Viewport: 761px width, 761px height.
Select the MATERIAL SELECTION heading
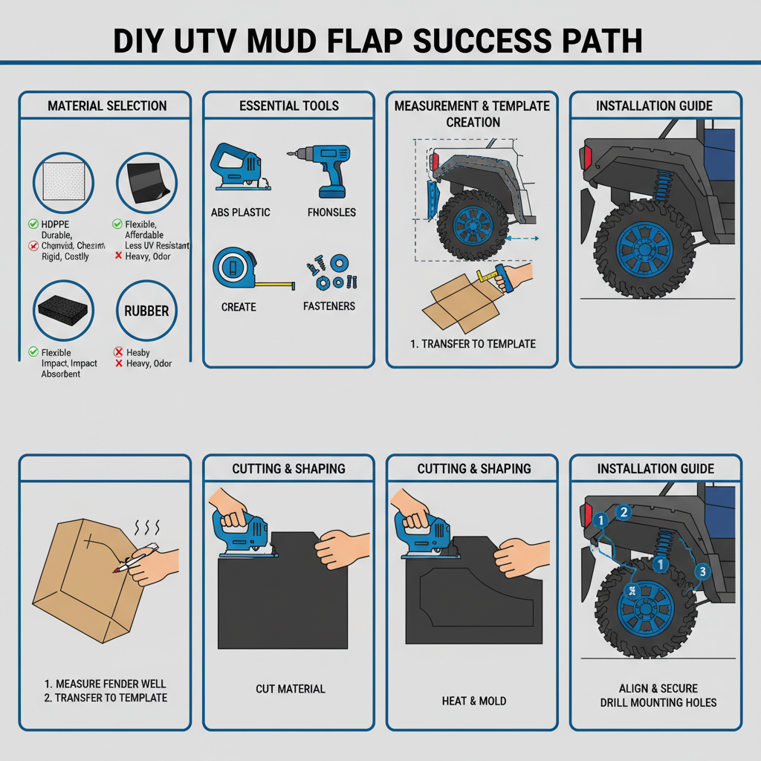[107, 106]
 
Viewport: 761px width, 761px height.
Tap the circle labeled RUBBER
[146, 311]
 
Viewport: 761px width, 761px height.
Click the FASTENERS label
[329, 306]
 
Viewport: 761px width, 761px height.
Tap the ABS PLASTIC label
[240, 213]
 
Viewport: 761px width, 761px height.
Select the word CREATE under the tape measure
[239, 307]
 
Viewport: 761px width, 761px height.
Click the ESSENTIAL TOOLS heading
[289, 106]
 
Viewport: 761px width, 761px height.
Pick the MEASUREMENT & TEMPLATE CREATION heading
[473, 114]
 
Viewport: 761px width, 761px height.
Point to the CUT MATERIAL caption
[290, 689]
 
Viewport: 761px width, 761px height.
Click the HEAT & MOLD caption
[473, 701]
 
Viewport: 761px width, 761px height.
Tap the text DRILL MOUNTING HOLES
[658, 702]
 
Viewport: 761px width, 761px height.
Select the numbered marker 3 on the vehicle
[702, 571]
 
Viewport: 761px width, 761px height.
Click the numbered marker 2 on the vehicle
[624, 511]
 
